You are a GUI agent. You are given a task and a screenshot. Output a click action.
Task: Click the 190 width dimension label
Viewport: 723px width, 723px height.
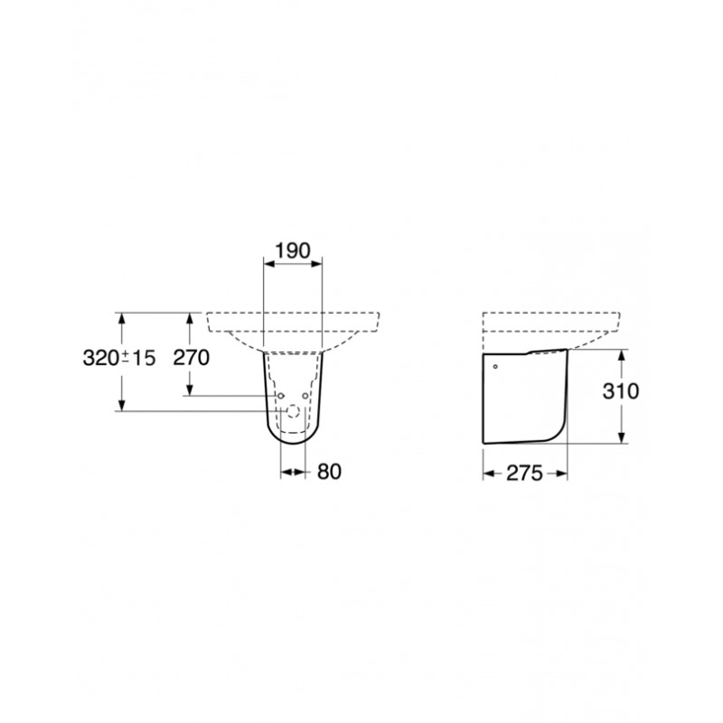(x=292, y=251)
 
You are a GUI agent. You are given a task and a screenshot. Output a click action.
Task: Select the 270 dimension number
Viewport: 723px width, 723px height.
(x=191, y=357)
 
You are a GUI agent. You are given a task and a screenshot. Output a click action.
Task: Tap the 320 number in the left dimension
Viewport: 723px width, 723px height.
(x=101, y=357)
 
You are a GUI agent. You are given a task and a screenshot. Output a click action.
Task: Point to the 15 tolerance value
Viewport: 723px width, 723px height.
(x=144, y=358)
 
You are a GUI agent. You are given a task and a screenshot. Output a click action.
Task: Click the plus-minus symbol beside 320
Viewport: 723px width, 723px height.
(x=126, y=356)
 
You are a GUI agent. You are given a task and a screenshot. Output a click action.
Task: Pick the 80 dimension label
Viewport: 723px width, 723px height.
(x=329, y=472)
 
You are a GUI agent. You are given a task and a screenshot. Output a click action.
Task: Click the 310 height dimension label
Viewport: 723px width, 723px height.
(x=621, y=391)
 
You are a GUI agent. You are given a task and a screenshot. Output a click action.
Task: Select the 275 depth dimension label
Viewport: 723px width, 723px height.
(x=525, y=473)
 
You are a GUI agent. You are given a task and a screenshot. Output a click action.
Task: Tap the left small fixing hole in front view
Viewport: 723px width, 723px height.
(x=281, y=396)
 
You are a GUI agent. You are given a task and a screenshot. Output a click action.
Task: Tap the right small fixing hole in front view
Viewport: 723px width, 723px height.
(x=305, y=396)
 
